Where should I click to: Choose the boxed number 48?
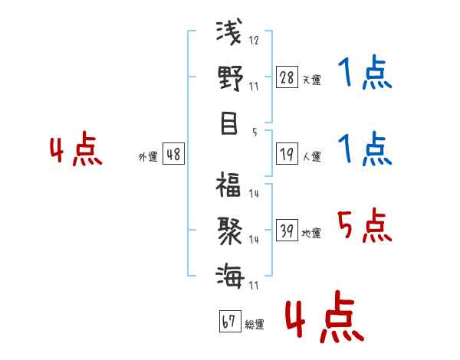[x=173, y=154]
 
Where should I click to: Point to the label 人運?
[x=311, y=157]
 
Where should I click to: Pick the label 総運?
[x=254, y=325]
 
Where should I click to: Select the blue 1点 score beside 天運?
[x=365, y=75]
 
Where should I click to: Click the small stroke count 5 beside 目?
[x=254, y=132]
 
